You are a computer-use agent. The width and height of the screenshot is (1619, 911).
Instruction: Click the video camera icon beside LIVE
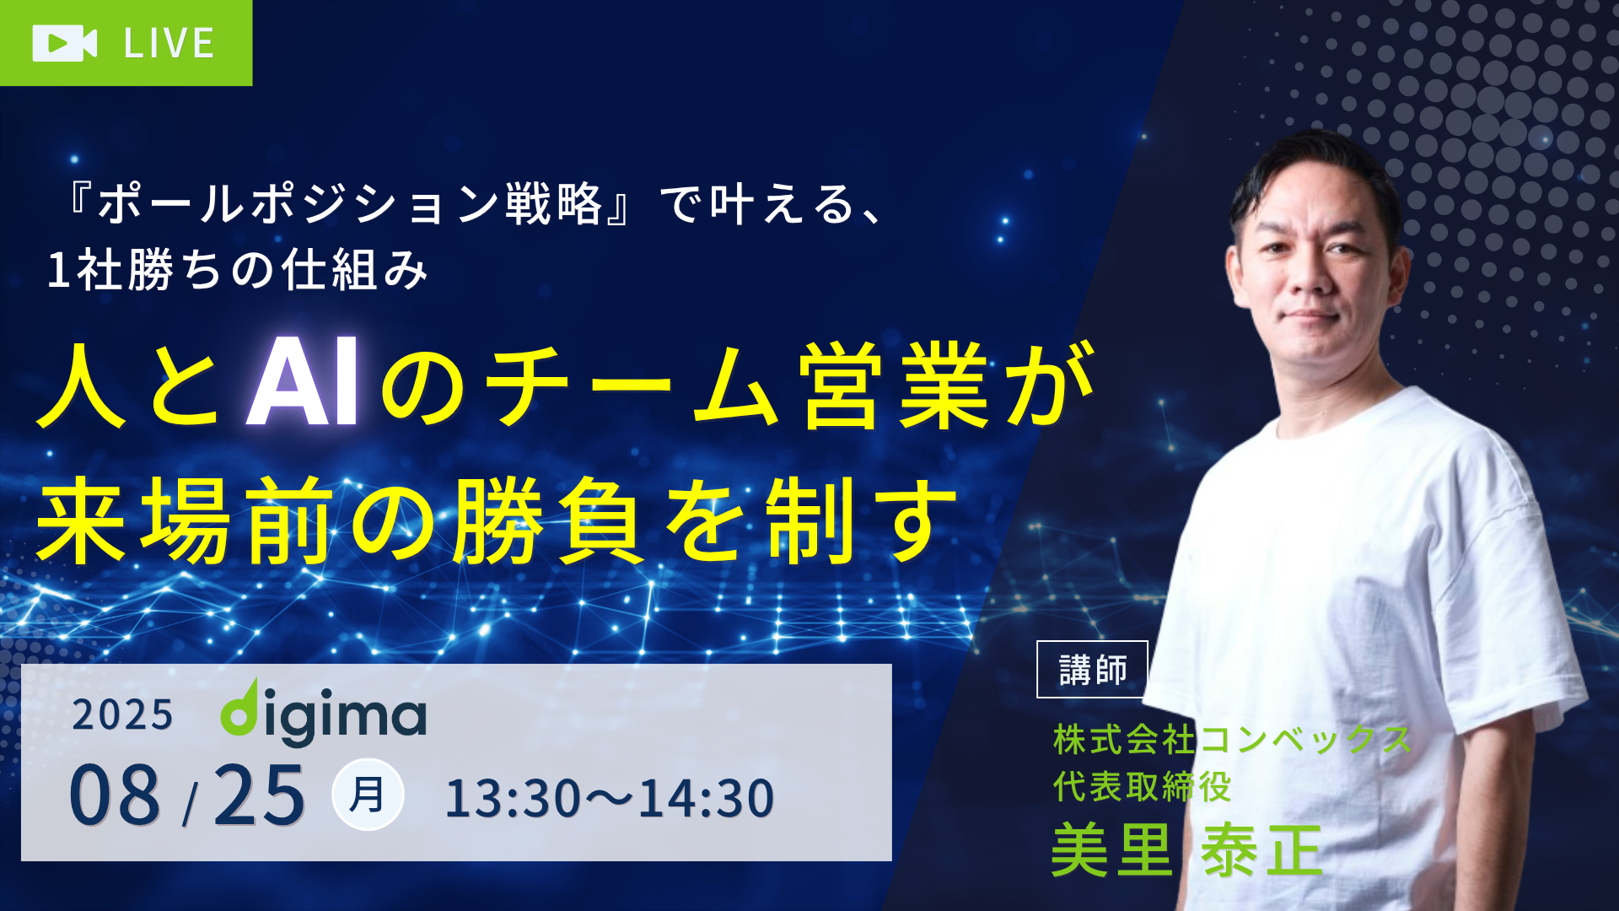coord(65,43)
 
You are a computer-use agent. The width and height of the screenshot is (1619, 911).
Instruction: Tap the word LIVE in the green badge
coord(169,44)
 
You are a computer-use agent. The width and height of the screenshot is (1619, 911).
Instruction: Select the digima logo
coord(323,713)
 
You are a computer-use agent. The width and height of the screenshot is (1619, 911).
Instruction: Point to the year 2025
coord(122,715)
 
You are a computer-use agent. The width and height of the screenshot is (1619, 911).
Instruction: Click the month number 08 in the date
coord(115,794)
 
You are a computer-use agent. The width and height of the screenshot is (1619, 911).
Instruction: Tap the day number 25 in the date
coord(259,794)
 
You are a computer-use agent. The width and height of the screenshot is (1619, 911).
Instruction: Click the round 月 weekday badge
coord(368,795)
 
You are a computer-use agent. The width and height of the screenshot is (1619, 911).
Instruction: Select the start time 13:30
coord(513,799)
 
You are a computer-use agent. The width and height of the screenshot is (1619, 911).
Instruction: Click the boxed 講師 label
coord(1093,670)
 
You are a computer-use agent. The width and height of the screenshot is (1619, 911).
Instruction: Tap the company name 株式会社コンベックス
coord(1232,740)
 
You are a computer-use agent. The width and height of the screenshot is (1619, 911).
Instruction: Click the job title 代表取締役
coord(1143,787)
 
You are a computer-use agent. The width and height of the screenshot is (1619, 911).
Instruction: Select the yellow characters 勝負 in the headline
coord(547,520)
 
